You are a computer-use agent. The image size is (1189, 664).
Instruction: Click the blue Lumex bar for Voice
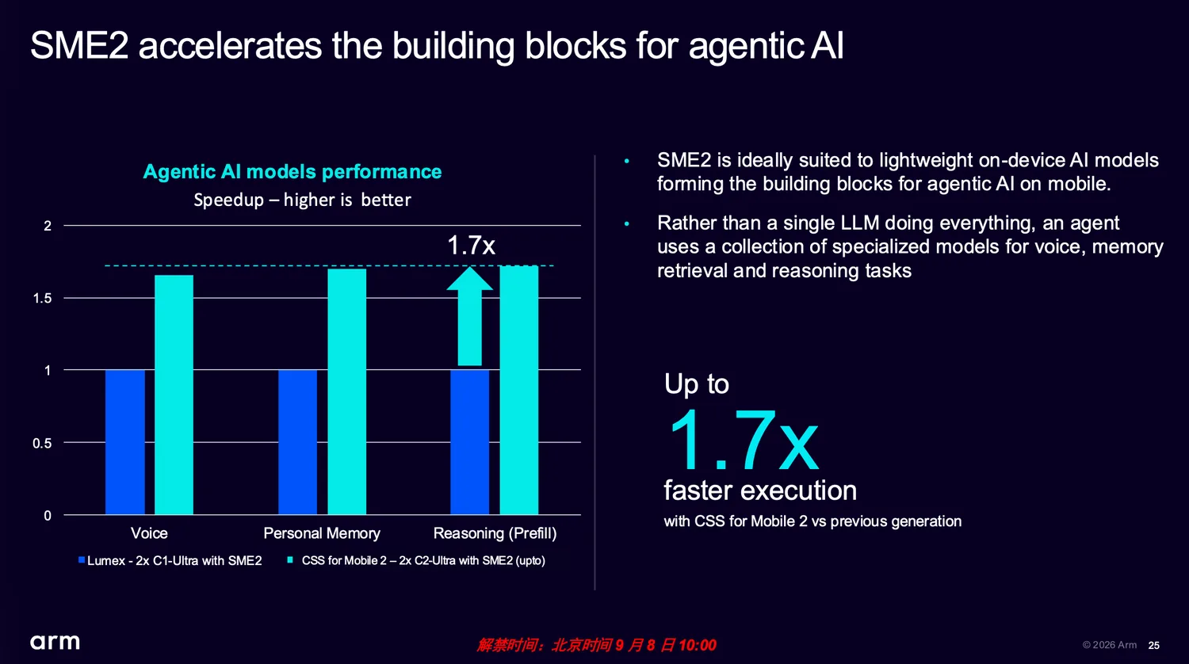click(x=124, y=442)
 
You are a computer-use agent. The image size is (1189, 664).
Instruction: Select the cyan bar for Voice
click(x=174, y=395)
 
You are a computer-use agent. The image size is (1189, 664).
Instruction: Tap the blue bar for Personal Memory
click(x=298, y=442)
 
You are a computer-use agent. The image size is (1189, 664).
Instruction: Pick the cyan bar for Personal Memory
click(x=346, y=391)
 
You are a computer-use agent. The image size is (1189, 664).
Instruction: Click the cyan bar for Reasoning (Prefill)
click(x=519, y=390)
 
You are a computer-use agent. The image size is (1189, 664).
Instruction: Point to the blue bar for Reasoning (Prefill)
click(x=470, y=442)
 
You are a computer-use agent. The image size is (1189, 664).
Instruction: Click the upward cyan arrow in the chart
click(x=470, y=316)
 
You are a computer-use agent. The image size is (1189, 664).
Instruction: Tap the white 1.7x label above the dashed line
click(x=472, y=245)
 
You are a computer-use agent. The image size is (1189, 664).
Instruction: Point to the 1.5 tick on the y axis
click(x=43, y=298)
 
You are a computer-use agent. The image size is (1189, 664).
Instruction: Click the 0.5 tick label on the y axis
click(x=43, y=443)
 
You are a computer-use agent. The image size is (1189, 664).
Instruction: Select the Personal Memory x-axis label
click(x=322, y=533)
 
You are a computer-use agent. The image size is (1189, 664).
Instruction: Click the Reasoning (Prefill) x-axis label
click(x=495, y=533)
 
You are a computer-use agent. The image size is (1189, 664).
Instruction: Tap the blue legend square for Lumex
click(x=81, y=560)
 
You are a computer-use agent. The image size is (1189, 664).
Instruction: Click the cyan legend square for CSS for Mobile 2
click(x=290, y=559)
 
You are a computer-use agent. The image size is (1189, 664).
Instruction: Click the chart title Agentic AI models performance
click(x=292, y=171)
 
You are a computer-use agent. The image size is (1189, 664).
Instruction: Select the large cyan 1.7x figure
click(x=744, y=441)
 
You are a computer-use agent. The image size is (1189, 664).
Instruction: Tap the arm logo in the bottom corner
click(x=55, y=642)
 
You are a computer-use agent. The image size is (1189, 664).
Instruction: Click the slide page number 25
click(x=1154, y=646)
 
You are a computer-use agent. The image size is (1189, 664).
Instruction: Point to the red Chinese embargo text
click(x=596, y=645)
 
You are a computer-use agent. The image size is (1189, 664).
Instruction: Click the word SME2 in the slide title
click(x=79, y=45)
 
